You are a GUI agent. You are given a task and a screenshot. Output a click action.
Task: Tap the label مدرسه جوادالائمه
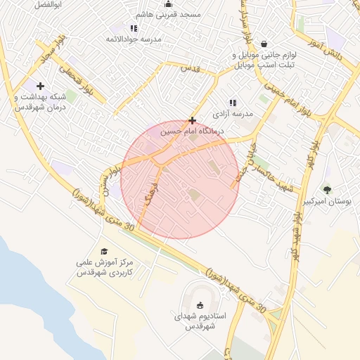tap(134, 39)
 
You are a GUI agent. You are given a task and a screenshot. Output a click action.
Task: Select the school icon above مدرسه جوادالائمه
tap(134, 28)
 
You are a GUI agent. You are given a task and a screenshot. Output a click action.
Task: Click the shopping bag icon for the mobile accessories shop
tap(264, 44)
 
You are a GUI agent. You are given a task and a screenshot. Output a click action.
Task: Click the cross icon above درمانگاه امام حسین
tap(192, 120)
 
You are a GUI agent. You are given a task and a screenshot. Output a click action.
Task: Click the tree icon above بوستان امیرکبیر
tap(326, 189)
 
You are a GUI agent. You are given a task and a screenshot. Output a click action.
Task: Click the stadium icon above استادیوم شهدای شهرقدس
tap(200, 305)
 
